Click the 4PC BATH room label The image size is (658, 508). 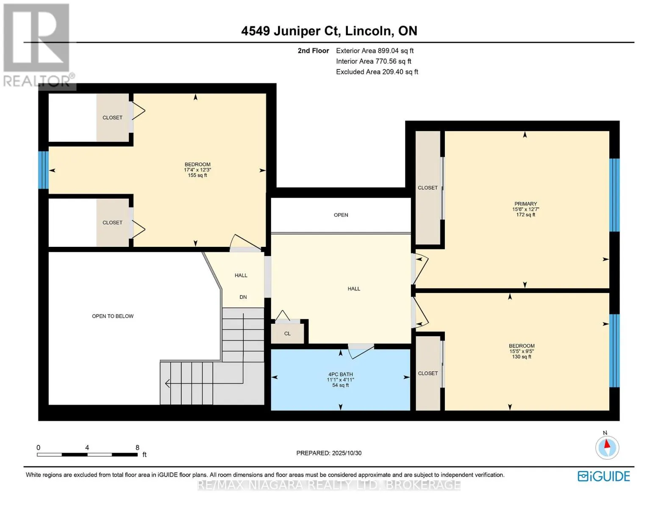(340, 375)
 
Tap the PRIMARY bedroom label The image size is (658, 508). (525, 204)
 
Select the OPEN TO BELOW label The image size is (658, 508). (113, 316)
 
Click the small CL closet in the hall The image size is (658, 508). (287, 334)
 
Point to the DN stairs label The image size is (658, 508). (243, 297)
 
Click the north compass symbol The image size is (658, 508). (607, 447)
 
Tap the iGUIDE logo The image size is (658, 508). (604, 476)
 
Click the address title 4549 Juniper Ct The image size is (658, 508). (329, 31)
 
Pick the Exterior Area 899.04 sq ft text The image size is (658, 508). (375, 51)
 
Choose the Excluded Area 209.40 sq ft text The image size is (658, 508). (377, 72)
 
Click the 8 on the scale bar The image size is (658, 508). (137, 447)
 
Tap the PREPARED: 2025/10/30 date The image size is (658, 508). (329, 453)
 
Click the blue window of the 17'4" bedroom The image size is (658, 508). (43, 170)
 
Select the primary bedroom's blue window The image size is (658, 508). (614, 195)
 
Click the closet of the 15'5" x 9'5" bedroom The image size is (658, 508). (428, 373)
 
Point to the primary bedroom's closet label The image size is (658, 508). (428, 188)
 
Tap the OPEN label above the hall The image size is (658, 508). (341, 215)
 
